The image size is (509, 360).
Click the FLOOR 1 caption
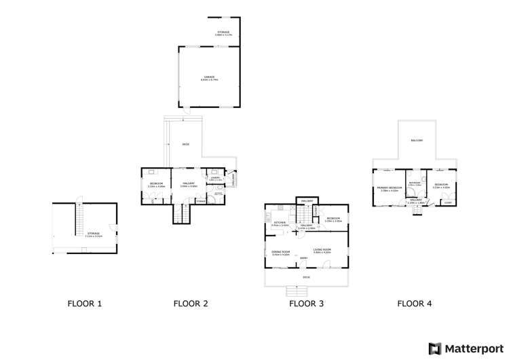pyautogui.click(x=85, y=304)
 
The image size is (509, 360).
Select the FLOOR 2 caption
pyautogui.click(x=191, y=304)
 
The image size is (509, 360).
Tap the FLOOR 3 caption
pyautogui.click(x=306, y=304)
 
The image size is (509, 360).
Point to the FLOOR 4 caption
pyautogui.click(x=415, y=304)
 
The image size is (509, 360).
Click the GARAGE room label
pyautogui.click(x=209, y=77)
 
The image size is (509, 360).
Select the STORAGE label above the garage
pyautogui.click(x=223, y=33)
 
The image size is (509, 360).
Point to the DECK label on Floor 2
pyautogui.click(x=185, y=145)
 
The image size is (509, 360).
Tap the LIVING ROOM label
pyautogui.click(x=322, y=251)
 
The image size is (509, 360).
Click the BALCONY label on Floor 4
pyautogui.click(x=417, y=140)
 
